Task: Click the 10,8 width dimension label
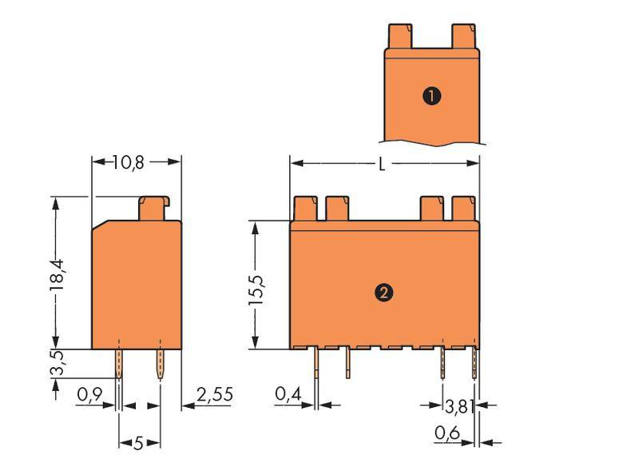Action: coord(128,162)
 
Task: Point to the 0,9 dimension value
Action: coord(89,394)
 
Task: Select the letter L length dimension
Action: coord(383,164)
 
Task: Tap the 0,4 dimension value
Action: coord(288,394)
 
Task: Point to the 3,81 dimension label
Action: coord(458,407)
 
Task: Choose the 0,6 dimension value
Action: coord(447,433)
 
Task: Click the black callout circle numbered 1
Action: coord(431,97)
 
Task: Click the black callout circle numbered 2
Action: coord(383,293)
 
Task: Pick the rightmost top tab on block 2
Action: coord(465,210)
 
